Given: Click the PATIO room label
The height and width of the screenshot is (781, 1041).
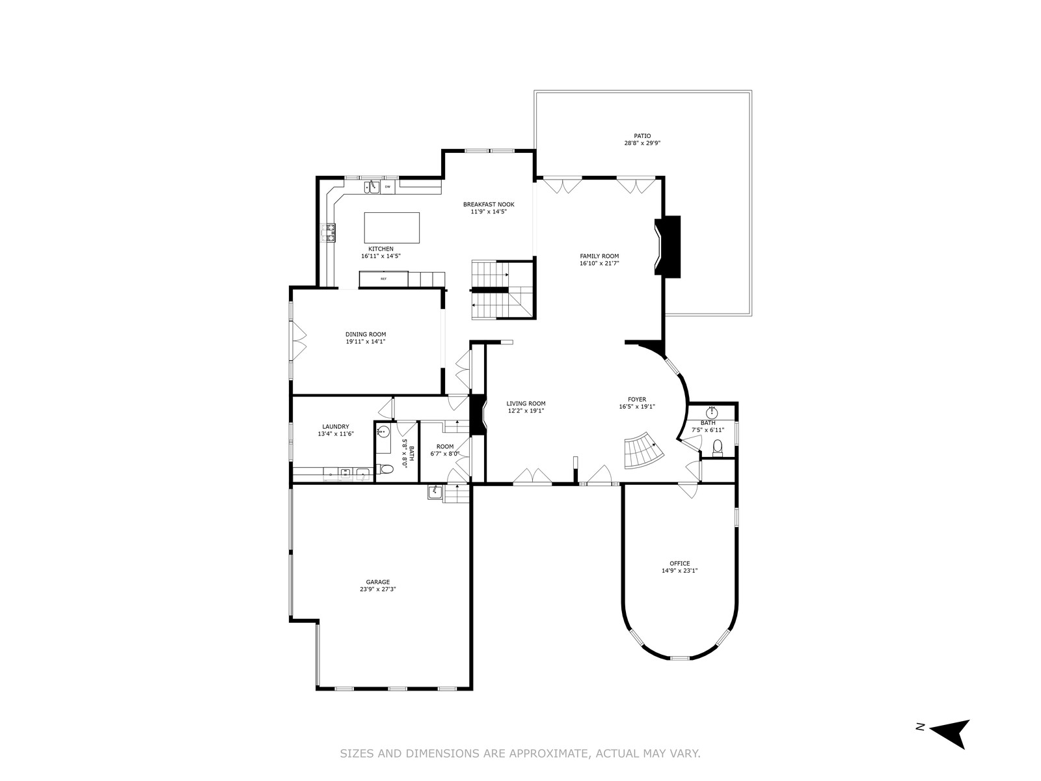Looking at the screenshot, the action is click(x=642, y=135).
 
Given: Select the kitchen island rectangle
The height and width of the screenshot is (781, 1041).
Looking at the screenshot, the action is click(x=392, y=228).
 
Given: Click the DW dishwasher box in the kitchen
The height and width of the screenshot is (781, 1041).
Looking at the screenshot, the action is click(x=388, y=187).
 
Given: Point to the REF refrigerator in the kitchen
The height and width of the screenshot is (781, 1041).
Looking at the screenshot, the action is click(x=383, y=279).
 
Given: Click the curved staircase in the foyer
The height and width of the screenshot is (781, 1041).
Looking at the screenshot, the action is click(x=643, y=450).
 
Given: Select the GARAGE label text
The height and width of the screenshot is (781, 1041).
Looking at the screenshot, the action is click(x=377, y=582).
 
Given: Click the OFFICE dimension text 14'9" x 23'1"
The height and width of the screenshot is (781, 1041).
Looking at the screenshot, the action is click(x=680, y=571).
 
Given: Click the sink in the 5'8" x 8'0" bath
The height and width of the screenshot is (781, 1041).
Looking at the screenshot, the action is click(x=383, y=432).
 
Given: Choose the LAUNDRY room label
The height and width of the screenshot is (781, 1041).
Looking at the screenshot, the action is click(x=336, y=426).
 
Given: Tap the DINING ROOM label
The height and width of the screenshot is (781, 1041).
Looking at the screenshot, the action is click(x=366, y=335).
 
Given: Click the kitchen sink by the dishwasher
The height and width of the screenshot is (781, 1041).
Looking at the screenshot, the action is click(x=372, y=187).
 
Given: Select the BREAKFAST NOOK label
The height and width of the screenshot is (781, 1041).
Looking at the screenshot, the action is click(x=489, y=204).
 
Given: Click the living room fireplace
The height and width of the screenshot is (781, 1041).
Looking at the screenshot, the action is click(x=478, y=415).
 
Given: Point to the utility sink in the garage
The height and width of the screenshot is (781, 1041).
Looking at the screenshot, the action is click(x=435, y=492).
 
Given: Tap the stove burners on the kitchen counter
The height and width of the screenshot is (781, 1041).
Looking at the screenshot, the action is click(x=329, y=233).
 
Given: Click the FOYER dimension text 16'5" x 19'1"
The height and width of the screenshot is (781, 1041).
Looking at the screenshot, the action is click(x=637, y=406).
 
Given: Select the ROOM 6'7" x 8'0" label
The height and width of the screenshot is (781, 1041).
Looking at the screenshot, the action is click(x=445, y=450).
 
